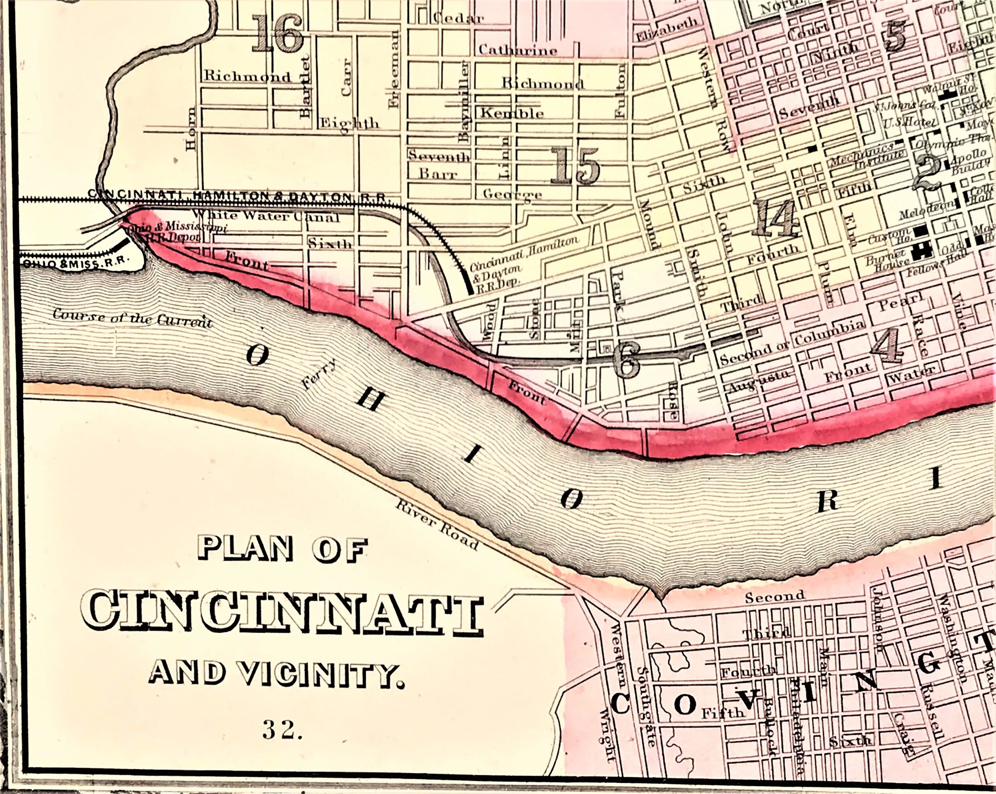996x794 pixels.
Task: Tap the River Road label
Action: pos(437,527)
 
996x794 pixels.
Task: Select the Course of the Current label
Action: pos(133,318)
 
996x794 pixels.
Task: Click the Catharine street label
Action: pos(518,50)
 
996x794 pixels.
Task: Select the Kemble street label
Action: pos(512,113)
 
